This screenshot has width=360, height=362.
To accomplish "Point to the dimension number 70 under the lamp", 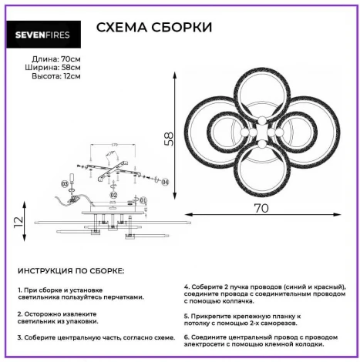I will [262, 207].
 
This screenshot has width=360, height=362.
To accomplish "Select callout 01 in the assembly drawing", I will [143, 201].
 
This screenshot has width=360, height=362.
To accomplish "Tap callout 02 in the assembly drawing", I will [113, 196].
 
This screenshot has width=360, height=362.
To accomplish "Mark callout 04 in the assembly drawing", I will [165, 183].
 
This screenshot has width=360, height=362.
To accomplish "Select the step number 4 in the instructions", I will [187, 287].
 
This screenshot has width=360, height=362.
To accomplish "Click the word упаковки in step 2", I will [80, 322].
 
